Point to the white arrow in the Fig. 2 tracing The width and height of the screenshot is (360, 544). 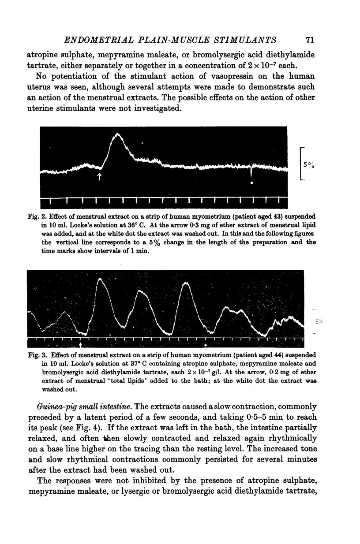100,176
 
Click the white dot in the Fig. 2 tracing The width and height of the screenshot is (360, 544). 251,183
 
